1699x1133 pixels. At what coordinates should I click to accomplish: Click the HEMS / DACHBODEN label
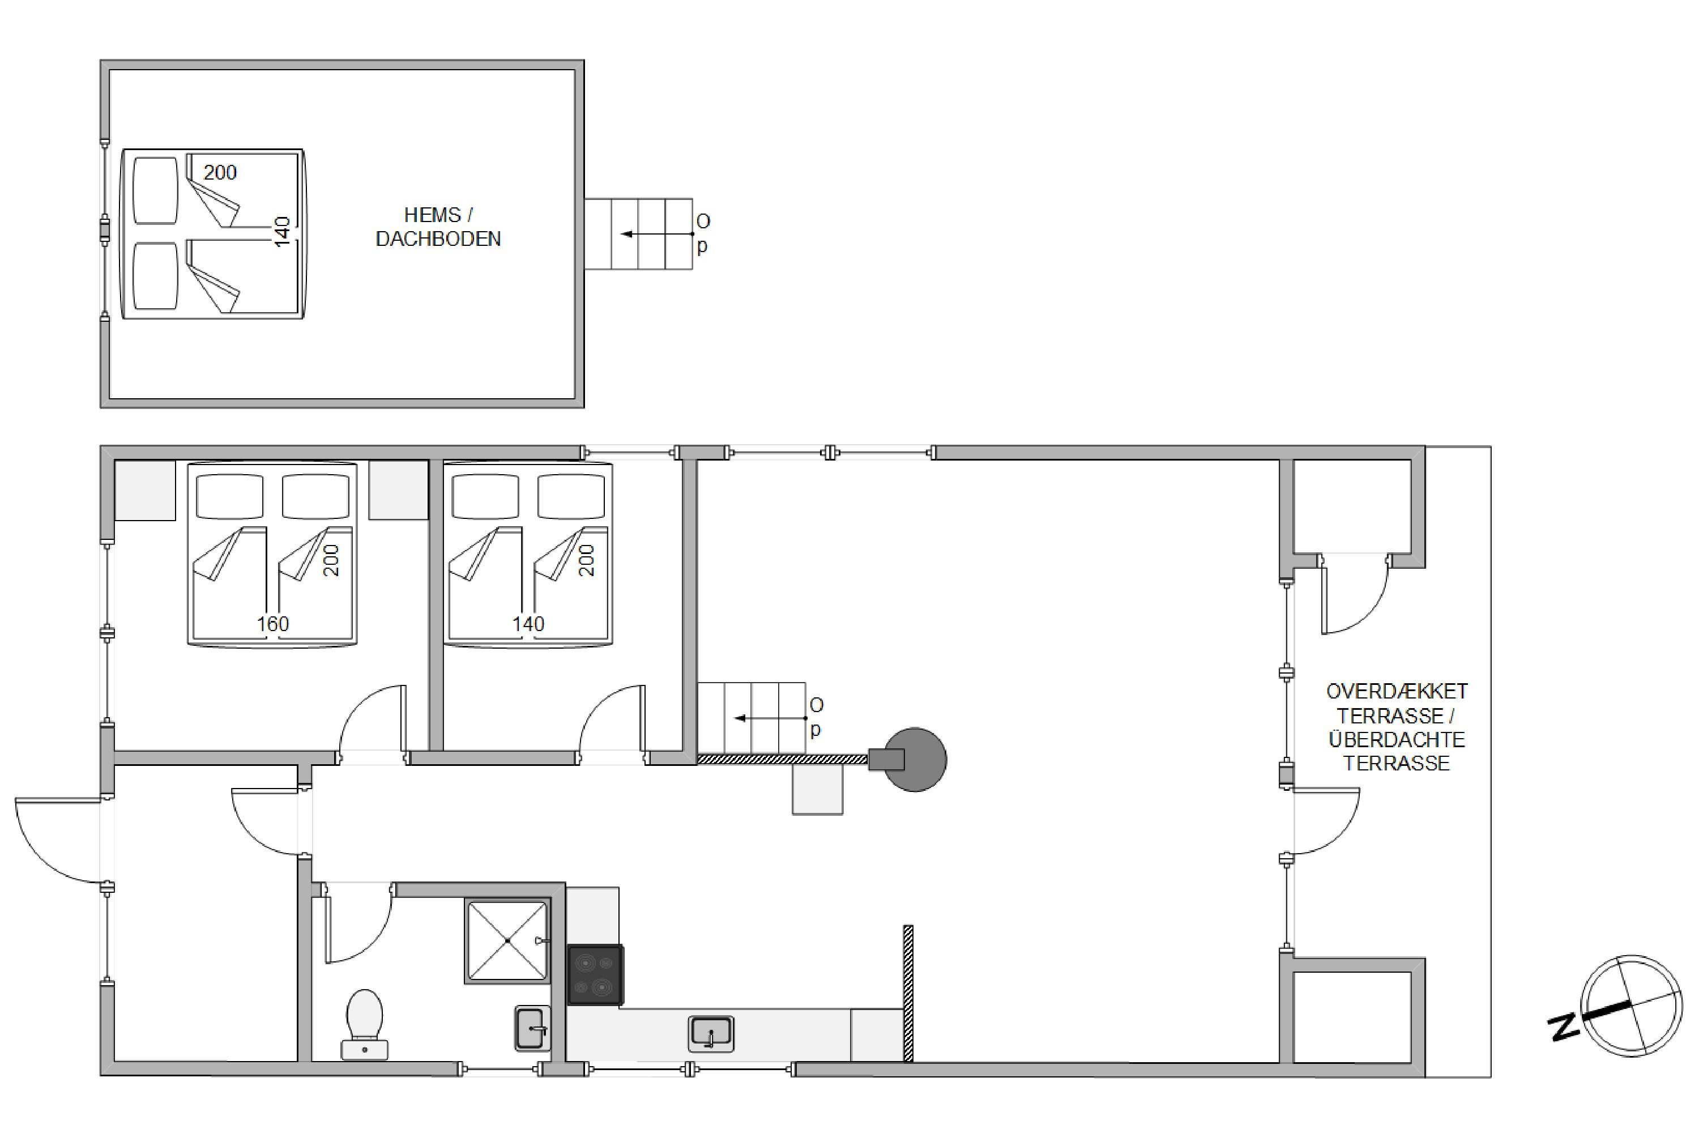[x=438, y=227]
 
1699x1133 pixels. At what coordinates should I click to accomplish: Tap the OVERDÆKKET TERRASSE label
[x=1397, y=703]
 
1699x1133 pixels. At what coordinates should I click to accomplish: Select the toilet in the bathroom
[x=365, y=1024]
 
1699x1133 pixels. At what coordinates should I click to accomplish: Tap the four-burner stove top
[x=595, y=975]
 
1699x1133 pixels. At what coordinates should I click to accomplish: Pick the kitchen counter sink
[x=711, y=1033]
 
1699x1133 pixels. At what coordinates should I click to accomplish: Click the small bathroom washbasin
[x=532, y=1028]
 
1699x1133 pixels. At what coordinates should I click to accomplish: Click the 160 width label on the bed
[x=272, y=624]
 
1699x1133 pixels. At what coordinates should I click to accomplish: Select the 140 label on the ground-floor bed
[x=528, y=624]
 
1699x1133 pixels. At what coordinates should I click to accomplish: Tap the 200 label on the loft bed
[x=220, y=172]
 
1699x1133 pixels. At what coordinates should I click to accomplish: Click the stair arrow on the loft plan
[x=658, y=234]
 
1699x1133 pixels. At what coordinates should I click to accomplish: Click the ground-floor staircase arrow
[x=771, y=718]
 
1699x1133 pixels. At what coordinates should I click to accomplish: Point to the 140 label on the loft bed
[x=283, y=231]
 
